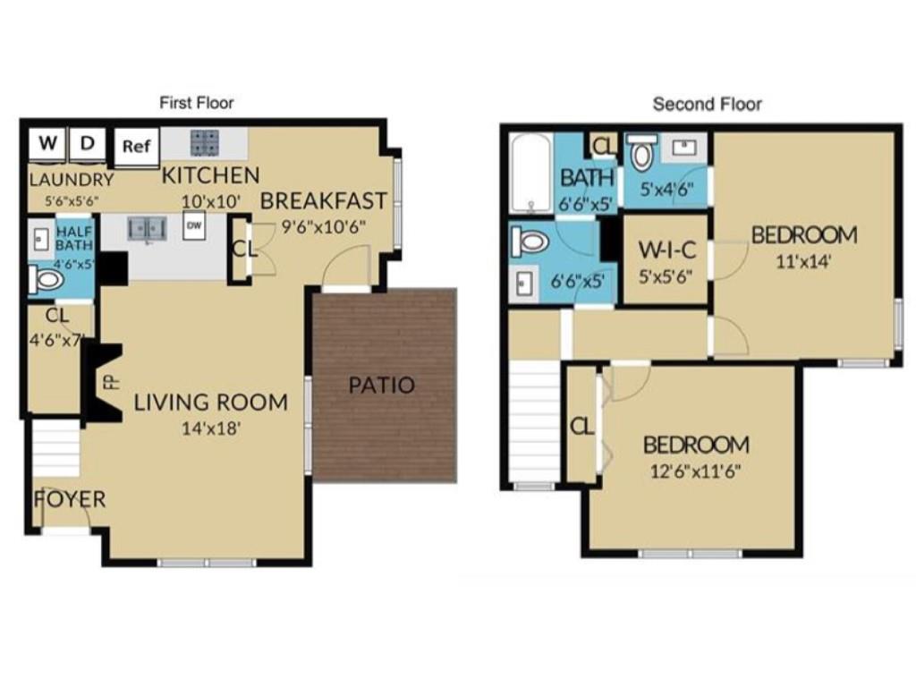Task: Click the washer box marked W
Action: pos(48,143)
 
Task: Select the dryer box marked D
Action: pos(88,143)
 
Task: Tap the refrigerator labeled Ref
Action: pos(134,146)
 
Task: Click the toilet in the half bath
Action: pos(47,281)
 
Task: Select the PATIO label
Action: pos(382,386)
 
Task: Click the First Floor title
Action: pos(197,103)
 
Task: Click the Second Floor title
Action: pos(708,104)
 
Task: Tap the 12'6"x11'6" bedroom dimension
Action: pos(696,471)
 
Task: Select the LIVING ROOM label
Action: pos(211,403)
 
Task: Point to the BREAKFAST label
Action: pos(324,200)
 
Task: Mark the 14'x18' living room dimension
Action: pos(211,428)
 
